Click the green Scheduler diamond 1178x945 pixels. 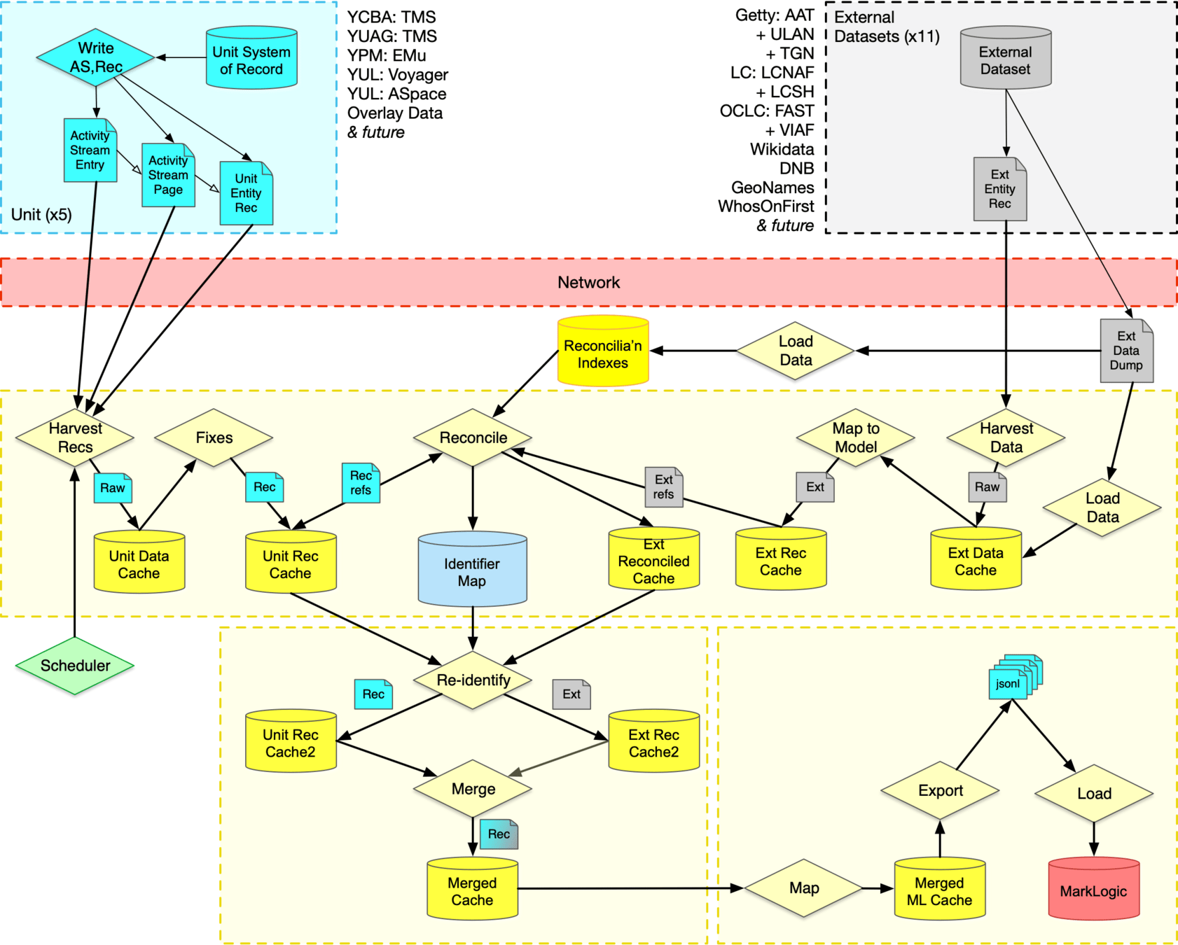pyautogui.click(x=75, y=666)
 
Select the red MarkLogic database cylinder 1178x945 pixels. pyautogui.click(x=1093, y=890)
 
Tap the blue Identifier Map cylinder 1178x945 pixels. pyautogui.click(x=472, y=571)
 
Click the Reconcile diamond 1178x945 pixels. pyautogui.click(x=473, y=437)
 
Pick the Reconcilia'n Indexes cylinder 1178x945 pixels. pyautogui.click(x=603, y=353)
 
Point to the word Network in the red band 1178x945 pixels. pyautogui.click(x=588, y=282)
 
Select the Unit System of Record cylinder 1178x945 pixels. pyautogui.click(x=251, y=60)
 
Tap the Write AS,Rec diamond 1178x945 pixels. pyautogui.click(x=95, y=57)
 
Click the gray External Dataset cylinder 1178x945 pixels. pyautogui.click(x=1005, y=60)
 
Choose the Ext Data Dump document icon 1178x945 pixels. pyautogui.click(x=1125, y=351)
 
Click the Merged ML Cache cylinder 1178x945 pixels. pyautogui.click(x=939, y=890)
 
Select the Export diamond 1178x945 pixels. pyautogui.click(x=940, y=790)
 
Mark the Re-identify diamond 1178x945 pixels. pyautogui.click(x=473, y=680)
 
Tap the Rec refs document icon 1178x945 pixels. pyautogui.click(x=361, y=483)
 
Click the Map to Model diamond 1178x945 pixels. pyautogui.click(x=855, y=437)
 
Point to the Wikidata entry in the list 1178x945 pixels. pyautogui.click(x=782, y=149)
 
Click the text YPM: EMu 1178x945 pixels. pyautogui.click(x=387, y=55)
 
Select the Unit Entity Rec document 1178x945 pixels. pyautogui.click(x=246, y=193)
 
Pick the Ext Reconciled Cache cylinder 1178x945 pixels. pyautogui.click(x=653, y=561)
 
